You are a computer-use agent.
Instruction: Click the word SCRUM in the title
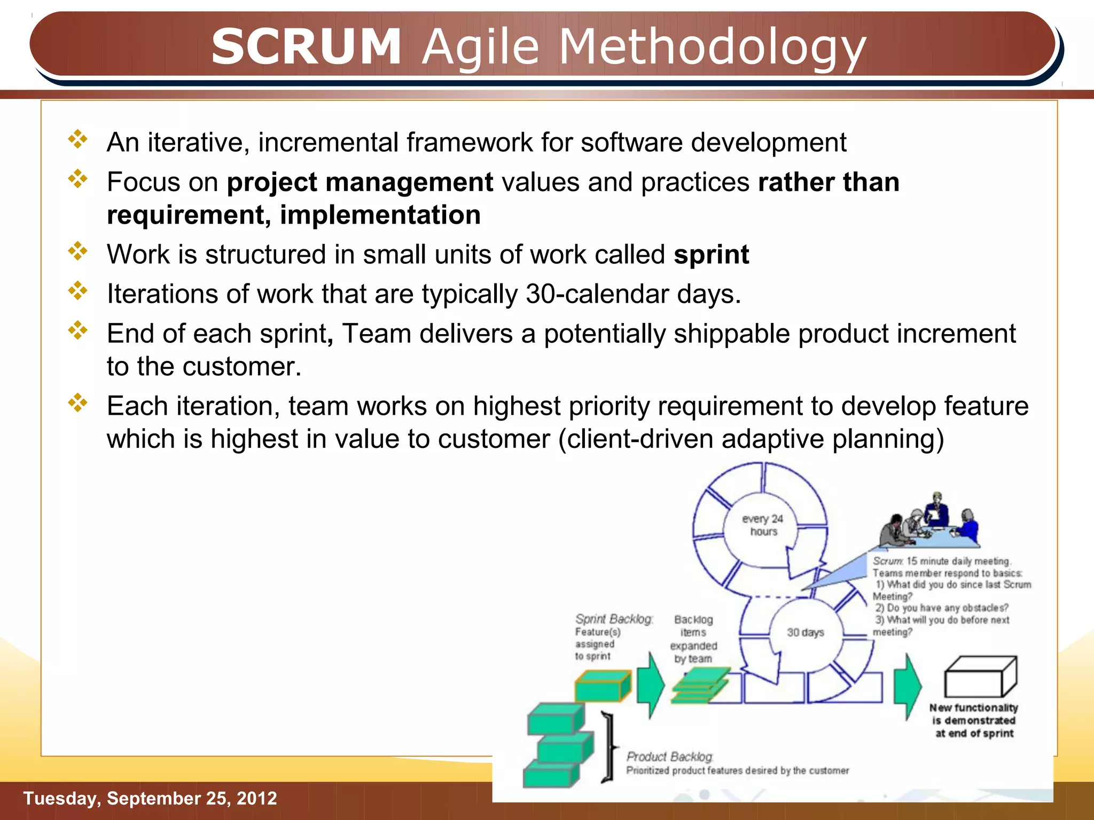306,46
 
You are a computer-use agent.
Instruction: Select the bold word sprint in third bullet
711,255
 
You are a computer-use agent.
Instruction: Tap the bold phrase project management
360,183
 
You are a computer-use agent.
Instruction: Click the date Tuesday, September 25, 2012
150,798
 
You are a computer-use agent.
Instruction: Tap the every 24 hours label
762,525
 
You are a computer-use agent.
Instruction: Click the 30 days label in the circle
805,633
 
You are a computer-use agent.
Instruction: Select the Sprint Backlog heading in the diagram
614,619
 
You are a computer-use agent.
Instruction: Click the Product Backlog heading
669,756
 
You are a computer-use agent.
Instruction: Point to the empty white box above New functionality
980,677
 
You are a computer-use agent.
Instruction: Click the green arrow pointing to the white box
908,686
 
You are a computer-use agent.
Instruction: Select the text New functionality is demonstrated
973,714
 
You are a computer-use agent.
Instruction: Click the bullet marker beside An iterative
78,139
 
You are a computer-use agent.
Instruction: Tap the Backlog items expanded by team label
693,639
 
